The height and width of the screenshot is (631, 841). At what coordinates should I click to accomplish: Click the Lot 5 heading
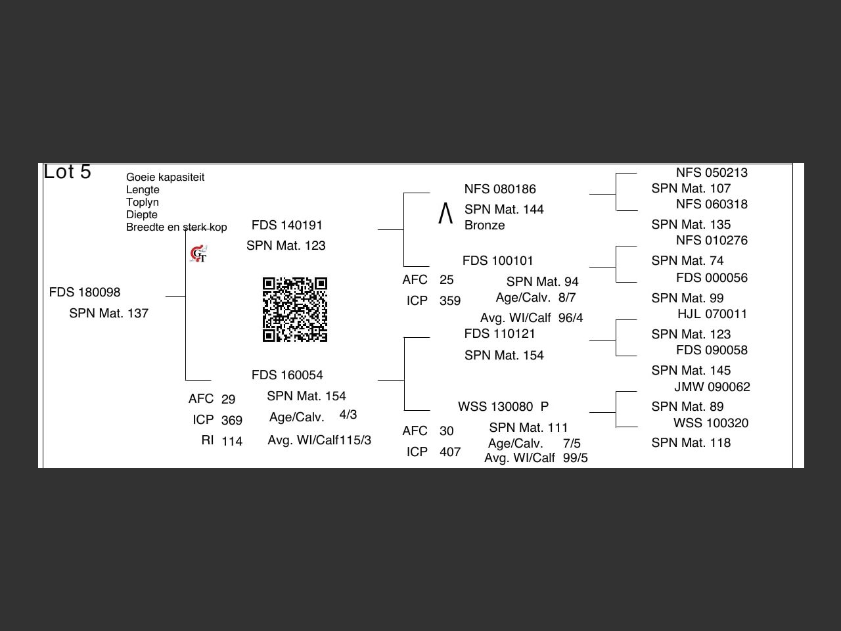pyautogui.click(x=67, y=172)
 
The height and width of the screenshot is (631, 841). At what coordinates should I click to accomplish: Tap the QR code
pyautogui.click(x=295, y=310)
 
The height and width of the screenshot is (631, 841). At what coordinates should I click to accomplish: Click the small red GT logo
pyautogui.click(x=198, y=254)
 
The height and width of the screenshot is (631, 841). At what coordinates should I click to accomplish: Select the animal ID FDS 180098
pyautogui.click(x=85, y=292)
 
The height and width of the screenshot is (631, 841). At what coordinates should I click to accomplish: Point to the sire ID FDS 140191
pyautogui.click(x=287, y=225)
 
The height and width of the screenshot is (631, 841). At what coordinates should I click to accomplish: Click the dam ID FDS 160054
pyautogui.click(x=287, y=375)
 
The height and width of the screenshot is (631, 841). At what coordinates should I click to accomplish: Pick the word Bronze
pyautogui.click(x=485, y=225)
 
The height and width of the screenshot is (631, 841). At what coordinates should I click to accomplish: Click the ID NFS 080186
pyautogui.click(x=500, y=189)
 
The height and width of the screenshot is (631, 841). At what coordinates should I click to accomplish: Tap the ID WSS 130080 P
pyautogui.click(x=503, y=407)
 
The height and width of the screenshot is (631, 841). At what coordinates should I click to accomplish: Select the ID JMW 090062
pyautogui.click(x=712, y=387)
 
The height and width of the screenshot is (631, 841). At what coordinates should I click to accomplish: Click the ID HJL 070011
pyautogui.click(x=712, y=314)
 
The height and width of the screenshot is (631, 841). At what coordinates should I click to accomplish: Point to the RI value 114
pyautogui.click(x=232, y=441)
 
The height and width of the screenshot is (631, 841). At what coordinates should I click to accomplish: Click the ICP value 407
pyautogui.click(x=450, y=452)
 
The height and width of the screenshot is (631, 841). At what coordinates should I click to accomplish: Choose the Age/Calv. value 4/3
pyautogui.click(x=348, y=415)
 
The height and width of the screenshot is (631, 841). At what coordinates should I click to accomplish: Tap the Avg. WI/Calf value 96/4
pyautogui.click(x=571, y=318)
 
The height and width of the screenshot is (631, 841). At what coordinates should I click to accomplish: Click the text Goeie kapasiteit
pyautogui.click(x=165, y=177)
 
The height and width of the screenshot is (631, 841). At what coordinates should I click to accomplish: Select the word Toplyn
pyautogui.click(x=143, y=202)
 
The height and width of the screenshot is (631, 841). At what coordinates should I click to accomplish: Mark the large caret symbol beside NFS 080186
pyautogui.click(x=445, y=213)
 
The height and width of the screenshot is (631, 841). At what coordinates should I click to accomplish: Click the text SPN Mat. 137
pyautogui.click(x=109, y=314)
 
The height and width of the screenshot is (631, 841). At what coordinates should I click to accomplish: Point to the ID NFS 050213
pyautogui.click(x=712, y=173)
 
